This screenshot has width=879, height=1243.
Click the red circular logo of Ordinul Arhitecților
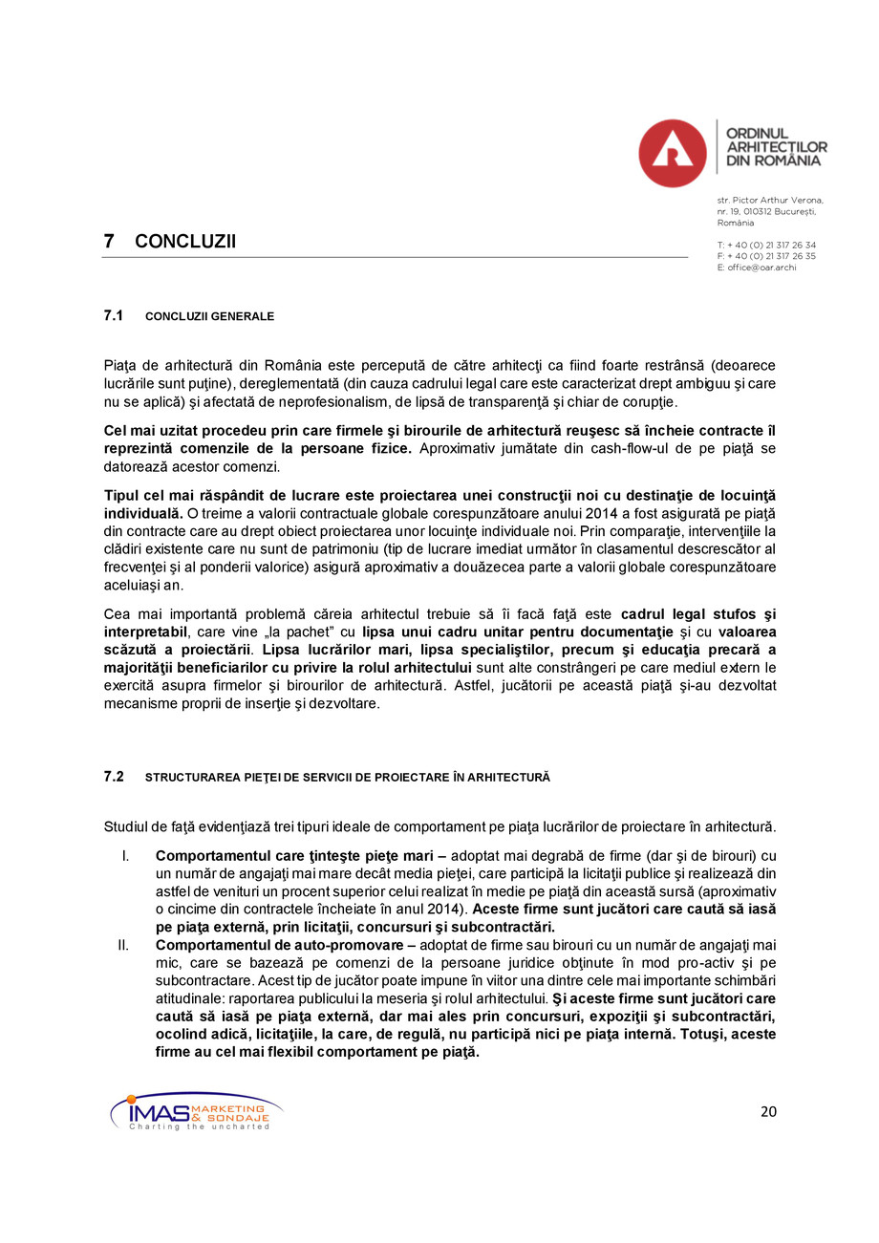(673, 153)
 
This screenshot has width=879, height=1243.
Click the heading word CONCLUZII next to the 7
(185, 242)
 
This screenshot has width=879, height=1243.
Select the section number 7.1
(114, 315)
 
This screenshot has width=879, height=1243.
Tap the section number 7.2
(114, 777)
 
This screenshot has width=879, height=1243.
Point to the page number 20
(768, 1111)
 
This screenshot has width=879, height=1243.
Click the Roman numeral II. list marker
(123, 946)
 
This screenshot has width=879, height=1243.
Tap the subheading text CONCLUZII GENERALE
(209, 316)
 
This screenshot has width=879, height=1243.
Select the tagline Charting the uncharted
(200, 1127)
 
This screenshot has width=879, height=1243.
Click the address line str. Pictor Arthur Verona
(769, 200)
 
